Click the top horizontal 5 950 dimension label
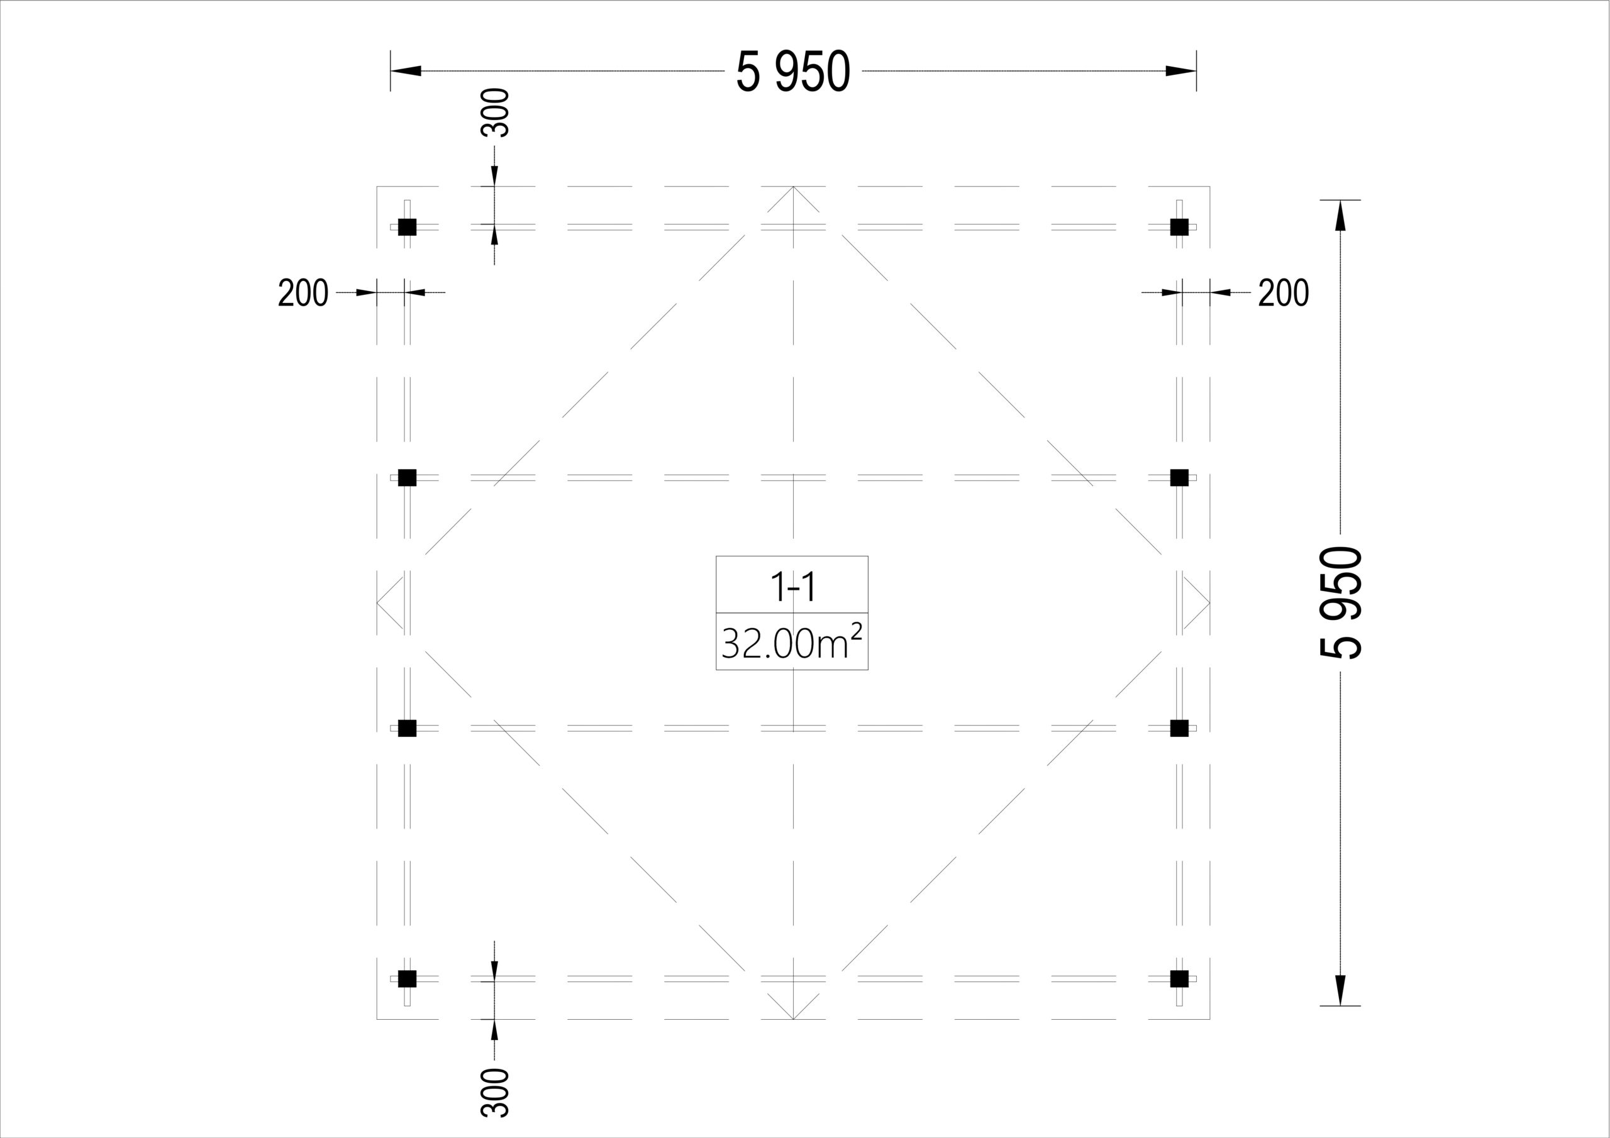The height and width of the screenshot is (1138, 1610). click(x=793, y=71)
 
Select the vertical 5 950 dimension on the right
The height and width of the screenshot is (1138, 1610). click(x=1340, y=602)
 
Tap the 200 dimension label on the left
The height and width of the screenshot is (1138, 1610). click(x=303, y=292)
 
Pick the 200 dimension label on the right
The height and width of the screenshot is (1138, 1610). click(x=1283, y=292)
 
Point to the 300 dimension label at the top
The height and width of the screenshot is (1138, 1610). click(x=495, y=112)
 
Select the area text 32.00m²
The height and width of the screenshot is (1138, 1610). click(x=792, y=641)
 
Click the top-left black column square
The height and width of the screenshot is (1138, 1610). click(x=408, y=226)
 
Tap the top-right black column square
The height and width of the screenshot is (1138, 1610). click(x=1179, y=226)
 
